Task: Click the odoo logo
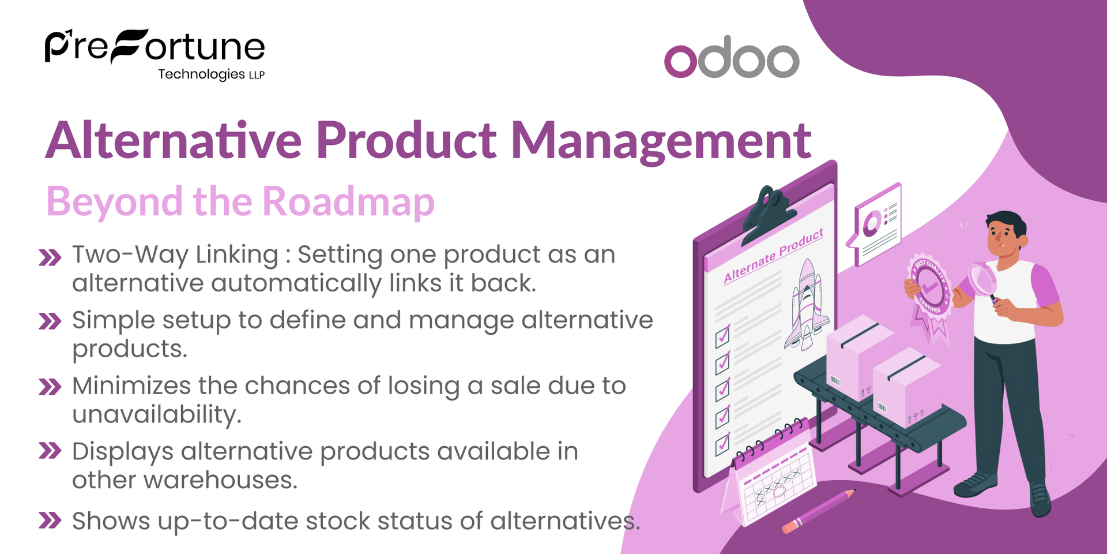(731, 58)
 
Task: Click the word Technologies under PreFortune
(201, 74)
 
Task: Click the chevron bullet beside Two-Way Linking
(50, 257)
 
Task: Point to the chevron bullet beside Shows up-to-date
(50, 520)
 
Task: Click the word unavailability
(156, 414)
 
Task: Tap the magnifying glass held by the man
(982, 279)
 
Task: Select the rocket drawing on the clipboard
(807, 306)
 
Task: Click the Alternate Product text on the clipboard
(773, 256)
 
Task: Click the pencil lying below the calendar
(819, 511)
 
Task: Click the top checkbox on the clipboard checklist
(722, 336)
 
